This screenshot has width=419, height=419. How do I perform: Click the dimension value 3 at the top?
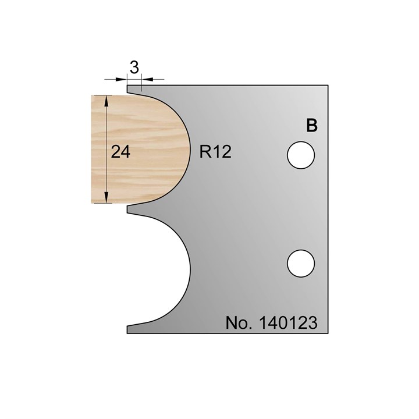pyautogui.click(x=134, y=68)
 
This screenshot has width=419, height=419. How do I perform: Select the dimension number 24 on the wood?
pyautogui.click(x=120, y=152)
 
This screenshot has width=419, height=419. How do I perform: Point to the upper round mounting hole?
pyautogui.click(x=301, y=155)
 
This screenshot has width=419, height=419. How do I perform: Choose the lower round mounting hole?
pyautogui.click(x=301, y=262)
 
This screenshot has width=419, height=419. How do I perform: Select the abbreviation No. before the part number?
pyautogui.click(x=237, y=323)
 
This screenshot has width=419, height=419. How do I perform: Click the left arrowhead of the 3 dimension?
pyautogui.click(x=123, y=79)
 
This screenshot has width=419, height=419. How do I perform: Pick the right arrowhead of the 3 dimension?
pyautogui.click(x=146, y=79)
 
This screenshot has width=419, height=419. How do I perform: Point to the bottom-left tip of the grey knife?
pyautogui.click(x=128, y=329)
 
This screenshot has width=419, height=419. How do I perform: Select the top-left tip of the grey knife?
pyautogui.click(x=128, y=87)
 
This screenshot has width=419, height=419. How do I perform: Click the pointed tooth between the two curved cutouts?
pyautogui.click(x=129, y=208)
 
